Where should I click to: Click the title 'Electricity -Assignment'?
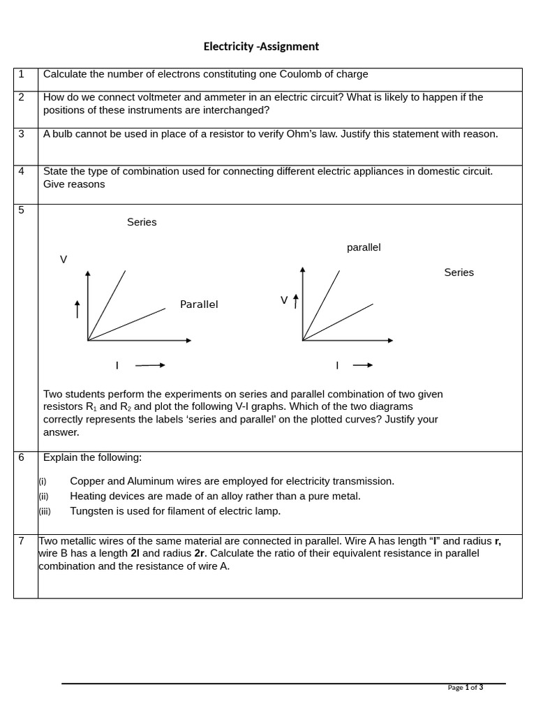[x=261, y=47]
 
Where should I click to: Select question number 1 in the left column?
[x=22, y=74]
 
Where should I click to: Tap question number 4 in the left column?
[x=22, y=171]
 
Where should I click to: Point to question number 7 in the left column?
[x=22, y=540]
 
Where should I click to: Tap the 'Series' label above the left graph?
[x=142, y=222]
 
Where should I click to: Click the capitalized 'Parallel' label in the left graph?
[x=199, y=304]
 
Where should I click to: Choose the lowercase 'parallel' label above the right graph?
[x=364, y=247]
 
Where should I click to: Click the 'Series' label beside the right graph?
[x=459, y=272]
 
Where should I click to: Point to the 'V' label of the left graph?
[x=64, y=260]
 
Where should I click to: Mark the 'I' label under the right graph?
[x=337, y=365]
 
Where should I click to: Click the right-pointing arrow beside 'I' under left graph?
[x=150, y=365]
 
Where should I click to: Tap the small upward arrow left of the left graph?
[x=77, y=309]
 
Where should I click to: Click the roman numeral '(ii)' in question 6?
[x=43, y=496]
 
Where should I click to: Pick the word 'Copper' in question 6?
[x=87, y=481]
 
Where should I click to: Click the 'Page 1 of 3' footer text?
[x=465, y=688]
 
